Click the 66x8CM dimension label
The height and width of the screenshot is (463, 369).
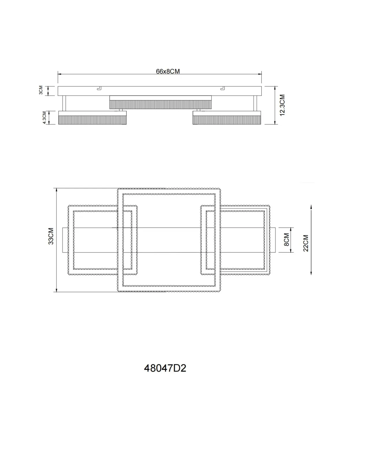(168, 71)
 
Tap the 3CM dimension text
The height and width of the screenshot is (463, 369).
(41, 90)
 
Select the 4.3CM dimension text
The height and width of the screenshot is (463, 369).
(44, 117)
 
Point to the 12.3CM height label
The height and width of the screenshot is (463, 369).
(282, 105)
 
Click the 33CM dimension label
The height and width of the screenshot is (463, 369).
(51, 236)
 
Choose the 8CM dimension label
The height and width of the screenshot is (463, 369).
(286, 240)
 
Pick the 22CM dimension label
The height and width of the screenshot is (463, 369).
(306, 243)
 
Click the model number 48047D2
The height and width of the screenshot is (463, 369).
(165, 368)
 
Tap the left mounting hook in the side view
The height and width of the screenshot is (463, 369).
(99, 88)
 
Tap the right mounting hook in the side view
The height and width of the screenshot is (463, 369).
(223, 88)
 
